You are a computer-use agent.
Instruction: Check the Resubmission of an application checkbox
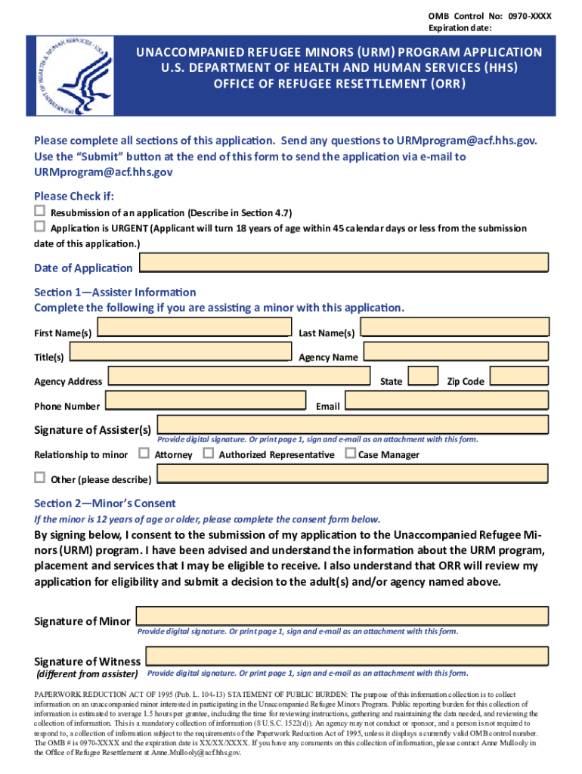[40, 211]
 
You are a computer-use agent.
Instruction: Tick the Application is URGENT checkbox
[40, 227]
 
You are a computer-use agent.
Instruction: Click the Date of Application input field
[344, 262]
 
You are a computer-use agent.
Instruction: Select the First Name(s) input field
[194, 327]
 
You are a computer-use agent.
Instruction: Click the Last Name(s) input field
[454, 327]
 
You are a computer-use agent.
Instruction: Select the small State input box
[423, 376]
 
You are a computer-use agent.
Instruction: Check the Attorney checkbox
[144, 454]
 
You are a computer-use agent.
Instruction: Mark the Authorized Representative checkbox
[208, 454]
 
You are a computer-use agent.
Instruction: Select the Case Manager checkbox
[350, 454]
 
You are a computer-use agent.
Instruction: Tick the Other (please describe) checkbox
[40, 478]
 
